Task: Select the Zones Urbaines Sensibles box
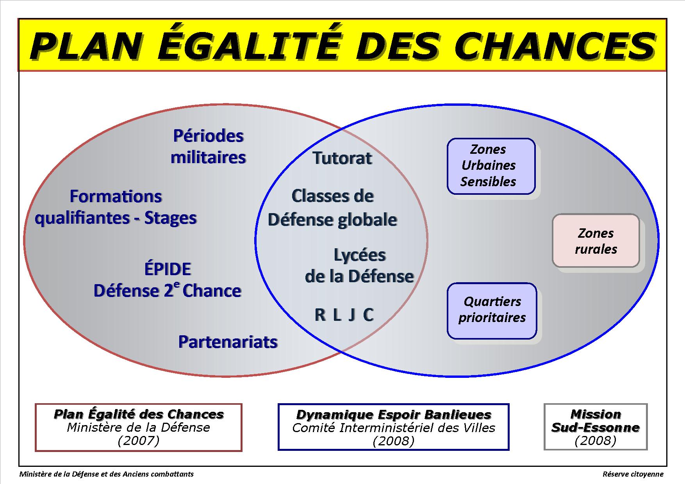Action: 491,166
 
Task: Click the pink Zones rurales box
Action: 596,240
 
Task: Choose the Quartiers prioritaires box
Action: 492,311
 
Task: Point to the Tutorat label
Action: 342,158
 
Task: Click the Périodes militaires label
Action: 208,147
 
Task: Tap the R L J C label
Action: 344,315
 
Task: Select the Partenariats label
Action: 228,342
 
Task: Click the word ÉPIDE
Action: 168,269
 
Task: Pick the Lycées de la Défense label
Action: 359,266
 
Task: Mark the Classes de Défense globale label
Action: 332,208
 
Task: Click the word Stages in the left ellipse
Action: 170,218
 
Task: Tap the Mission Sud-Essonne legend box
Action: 596,427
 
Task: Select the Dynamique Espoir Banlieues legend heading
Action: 394,414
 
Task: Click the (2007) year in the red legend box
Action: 138,441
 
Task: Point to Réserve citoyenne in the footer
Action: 633,474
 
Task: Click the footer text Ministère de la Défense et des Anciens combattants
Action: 107,474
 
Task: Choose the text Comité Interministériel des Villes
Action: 394,428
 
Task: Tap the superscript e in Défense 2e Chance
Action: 177,286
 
